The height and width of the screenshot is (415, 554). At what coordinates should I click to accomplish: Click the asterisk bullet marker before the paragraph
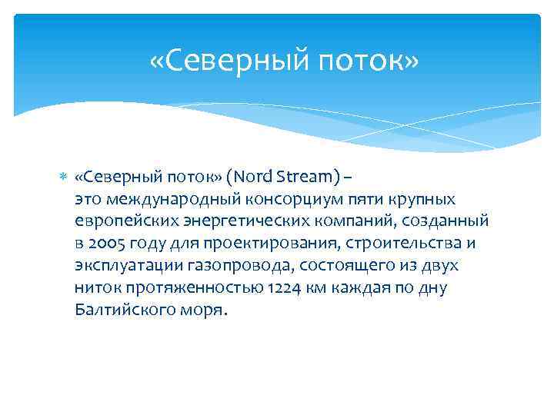(x=63, y=178)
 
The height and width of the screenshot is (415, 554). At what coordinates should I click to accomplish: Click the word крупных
(x=426, y=200)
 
